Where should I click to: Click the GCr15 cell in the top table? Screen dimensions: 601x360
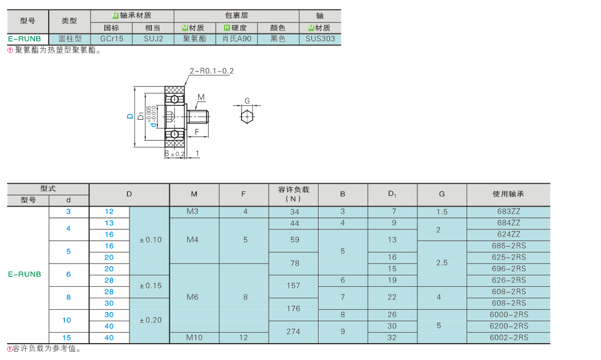pyautogui.click(x=111, y=39)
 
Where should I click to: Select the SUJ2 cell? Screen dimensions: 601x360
pyautogui.click(x=154, y=39)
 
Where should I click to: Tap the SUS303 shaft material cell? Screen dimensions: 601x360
pyautogui.click(x=320, y=39)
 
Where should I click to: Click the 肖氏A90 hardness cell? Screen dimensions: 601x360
pyautogui.click(x=237, y=39)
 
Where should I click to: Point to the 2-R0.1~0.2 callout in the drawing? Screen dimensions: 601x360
pyautogui.click(x=211, y=71)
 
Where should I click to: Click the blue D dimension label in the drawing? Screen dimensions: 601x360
pyautogui.click(x=130, y=116)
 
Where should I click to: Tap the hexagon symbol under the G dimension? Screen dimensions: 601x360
pyautogui.click(x=247, y=116)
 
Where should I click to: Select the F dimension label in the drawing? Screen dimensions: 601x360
pyautogui.click(x=197, y=132)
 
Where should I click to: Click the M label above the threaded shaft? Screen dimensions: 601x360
pyautogui.click(x=201, y=97)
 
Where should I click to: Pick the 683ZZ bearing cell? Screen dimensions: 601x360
pyautogui.click(x=509, y=211)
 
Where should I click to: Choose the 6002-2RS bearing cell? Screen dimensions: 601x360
pyautogui.click(x=509, y=338)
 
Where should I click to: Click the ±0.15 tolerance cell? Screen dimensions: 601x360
pyautogui.click(x=150, y=286)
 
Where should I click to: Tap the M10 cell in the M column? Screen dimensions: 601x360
pyautogui.click(x=194, y=338)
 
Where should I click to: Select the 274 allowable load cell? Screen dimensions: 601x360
pyautogui.click(x=293, y=331)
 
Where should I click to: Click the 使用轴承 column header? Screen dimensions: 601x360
pyautogui.click(x=508, y=194)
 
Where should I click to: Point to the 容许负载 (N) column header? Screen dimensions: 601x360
pyautogui.click(x=293, y=194)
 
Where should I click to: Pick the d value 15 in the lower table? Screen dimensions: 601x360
pyautogui.click(x=67, y=338)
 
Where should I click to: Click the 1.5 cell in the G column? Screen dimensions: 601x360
pyautogui.click(x=442, y=211)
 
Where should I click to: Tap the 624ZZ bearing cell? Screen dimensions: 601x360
pyautogui.click(x=509, y=234)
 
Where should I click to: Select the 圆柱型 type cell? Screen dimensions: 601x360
pyautogui.click(x=70, y=39)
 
